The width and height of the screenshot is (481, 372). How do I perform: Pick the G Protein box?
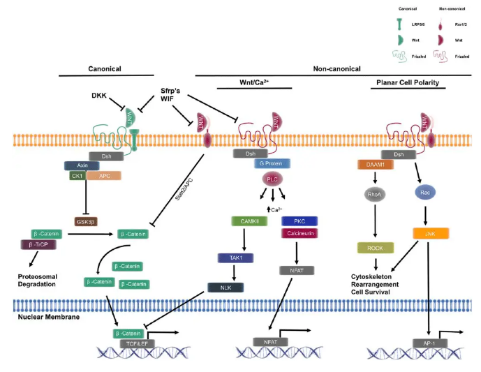tap(269, 164)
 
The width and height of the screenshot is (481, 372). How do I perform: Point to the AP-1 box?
tap(428, 343)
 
